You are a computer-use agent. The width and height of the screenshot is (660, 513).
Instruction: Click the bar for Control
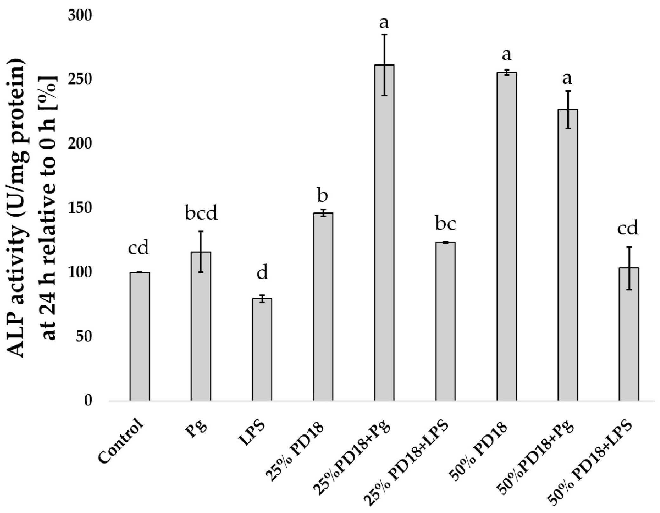point(140,336)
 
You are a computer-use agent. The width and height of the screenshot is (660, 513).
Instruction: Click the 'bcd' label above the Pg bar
point(201,213)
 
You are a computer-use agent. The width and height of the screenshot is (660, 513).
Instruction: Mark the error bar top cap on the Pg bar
point(201,231)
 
